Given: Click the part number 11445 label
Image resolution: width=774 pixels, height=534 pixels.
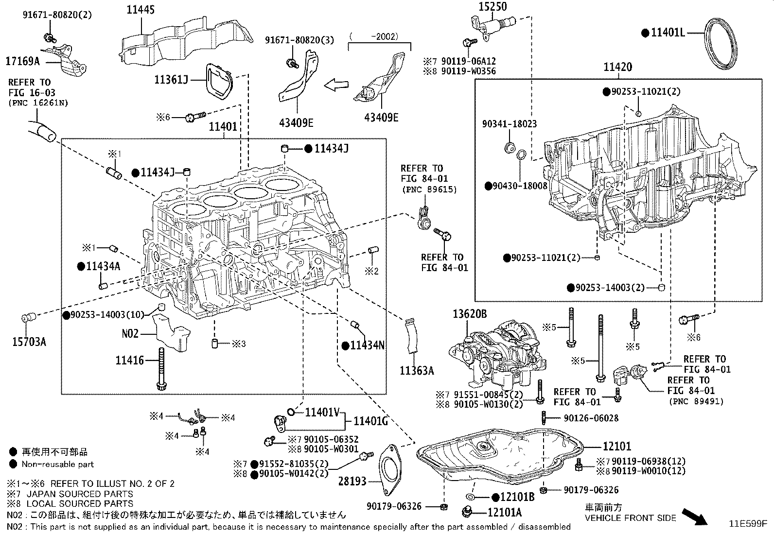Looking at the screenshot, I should tap(141, 9).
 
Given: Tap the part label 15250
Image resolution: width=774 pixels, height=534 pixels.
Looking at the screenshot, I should tap(492, 6).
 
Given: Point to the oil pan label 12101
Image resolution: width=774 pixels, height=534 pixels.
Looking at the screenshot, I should tap(616, 446).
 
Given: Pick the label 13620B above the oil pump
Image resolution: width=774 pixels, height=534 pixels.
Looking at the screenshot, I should tap(469, 314).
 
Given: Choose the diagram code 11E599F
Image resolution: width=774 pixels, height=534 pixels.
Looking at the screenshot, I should tap(747, 524).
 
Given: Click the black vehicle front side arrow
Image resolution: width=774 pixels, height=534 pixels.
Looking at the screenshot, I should tap(695, 516).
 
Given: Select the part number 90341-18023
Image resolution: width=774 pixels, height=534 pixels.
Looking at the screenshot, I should tap(509, 124).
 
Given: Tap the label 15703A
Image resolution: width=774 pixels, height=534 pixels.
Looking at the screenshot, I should tap(29, 342).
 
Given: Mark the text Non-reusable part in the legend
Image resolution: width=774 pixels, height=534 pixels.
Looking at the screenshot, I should tap(57, 464).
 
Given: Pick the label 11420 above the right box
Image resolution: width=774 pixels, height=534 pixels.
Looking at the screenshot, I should tap(617, 68).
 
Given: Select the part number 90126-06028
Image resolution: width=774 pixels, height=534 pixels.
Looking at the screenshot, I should tap(591, 418).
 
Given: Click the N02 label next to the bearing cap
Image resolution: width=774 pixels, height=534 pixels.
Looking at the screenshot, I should tap(130, 333).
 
